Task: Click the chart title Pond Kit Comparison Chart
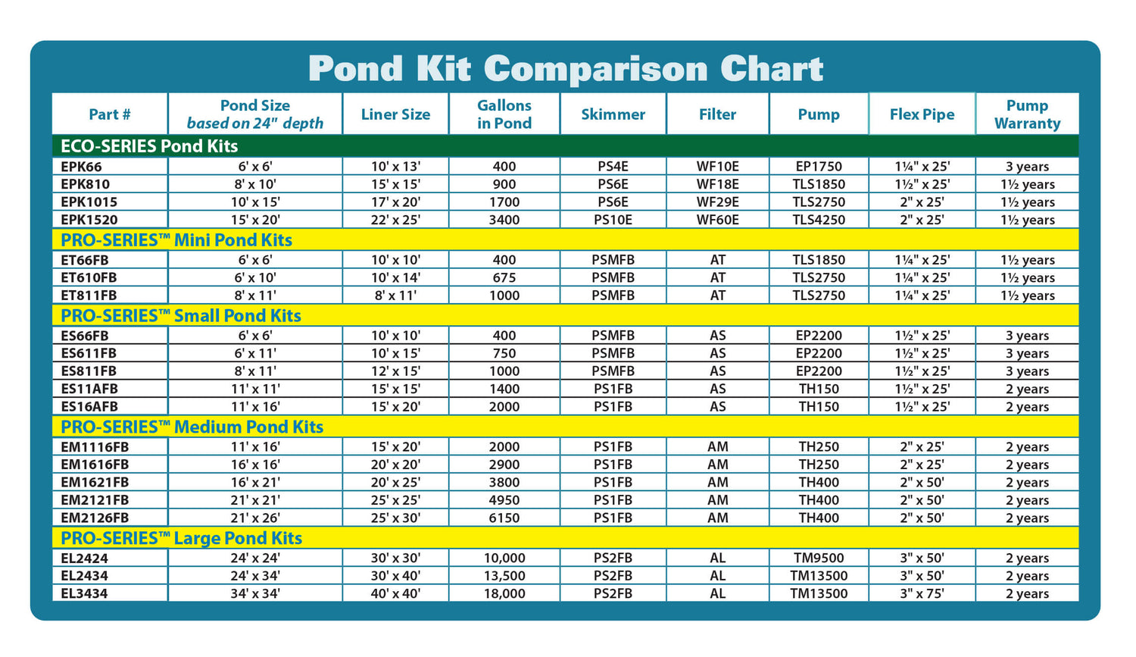click(565, 69)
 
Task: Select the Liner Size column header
click(395, 114)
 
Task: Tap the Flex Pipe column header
click(922, 114)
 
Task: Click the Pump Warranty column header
click(1027, 114)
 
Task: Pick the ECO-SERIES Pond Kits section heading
click(149, 146)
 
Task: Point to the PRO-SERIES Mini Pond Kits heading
click(176, 240)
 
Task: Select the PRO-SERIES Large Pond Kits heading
click(181, 538)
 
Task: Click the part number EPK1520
click(89, 220)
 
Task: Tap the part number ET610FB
click(89, 277)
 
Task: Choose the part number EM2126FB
click(95, 518)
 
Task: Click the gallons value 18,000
click(504, 594)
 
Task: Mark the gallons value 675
click(504, 277)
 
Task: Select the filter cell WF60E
click(717, 220)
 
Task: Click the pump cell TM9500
click(819, 558)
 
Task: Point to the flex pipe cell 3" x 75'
click(922, 594)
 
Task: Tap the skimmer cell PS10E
click(613, 220)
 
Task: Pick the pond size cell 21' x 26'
click(255, 518)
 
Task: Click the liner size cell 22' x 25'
click(395, 220)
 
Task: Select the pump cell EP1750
click(819, 167)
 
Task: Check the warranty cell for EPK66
click(1027, 167)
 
